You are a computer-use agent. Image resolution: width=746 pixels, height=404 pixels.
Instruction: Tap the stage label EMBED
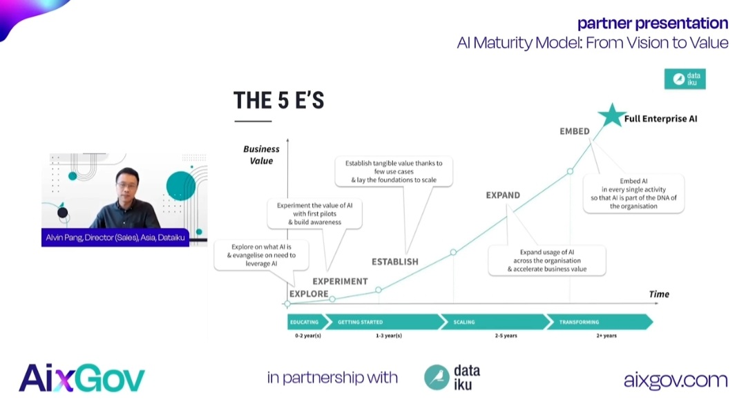(x=574, y=131)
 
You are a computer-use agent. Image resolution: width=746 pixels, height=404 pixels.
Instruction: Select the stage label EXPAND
(x=503, y=195)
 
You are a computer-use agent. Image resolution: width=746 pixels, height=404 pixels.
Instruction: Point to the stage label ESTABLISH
(x=395, y=262)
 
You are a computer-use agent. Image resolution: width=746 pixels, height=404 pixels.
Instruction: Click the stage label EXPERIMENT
(x=340, y=281)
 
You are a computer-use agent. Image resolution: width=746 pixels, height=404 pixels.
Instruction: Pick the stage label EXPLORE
(x=309, y=294)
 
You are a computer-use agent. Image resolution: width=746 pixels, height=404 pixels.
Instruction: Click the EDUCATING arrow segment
(x=305, y=322)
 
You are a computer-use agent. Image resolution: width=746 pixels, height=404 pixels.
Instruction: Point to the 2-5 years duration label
(x=506, y=336)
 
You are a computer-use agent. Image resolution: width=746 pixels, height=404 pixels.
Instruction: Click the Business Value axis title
(x=261, y=155)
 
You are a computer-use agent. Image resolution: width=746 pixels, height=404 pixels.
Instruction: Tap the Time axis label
(x=659, y=294)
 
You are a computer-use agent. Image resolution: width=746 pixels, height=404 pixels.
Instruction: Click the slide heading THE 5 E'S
(x=279, y=101)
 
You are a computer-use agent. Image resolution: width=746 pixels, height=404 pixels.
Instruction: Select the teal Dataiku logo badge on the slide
(x=685, y=79)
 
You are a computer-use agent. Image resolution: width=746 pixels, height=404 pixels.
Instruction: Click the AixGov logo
(x=82, y=378)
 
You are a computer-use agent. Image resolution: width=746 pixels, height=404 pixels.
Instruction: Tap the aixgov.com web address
(x=676, y=379)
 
